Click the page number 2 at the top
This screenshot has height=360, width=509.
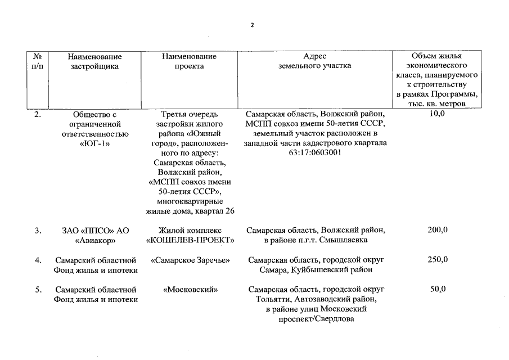[x=253, y=25]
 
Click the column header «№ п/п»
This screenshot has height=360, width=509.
[x=38, y=61]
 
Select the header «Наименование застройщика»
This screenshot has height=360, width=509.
[x=94, y=61]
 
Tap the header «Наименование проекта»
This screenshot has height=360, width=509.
[x=188, y=61]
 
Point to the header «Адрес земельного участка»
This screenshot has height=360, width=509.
[x=314, y=61]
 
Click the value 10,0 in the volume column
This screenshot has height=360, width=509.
[x=436, y=114]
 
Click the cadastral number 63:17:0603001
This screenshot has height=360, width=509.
[x=315, y=152]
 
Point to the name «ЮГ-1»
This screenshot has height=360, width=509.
[x=95, y=143]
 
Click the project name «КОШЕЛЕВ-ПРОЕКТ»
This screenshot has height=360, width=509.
[x=190, y=240]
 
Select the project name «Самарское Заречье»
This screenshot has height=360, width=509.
[x=190, y=260]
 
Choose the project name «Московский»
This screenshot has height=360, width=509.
[x=190, y=290]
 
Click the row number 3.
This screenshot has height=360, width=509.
[x=38, y=231]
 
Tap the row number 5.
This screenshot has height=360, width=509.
[x=38, y=290]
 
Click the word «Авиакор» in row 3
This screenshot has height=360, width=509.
[x=95, y=241]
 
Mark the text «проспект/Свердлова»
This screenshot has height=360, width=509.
[x=316, y=319]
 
